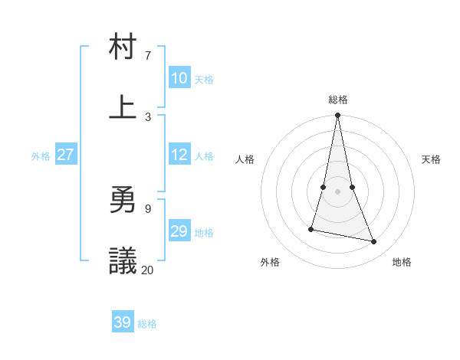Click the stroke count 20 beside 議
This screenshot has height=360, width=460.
pyautogui.click(x=148, y=269)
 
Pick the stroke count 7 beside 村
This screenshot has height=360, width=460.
pyautogui.click(x=148, y=56)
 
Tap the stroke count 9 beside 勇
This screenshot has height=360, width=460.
pyautogui.click(x=148, y=208)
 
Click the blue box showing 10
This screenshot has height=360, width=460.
pyautogui.click(x=179, y=78)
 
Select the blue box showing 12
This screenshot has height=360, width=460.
pyautogui.click(x=179, y=155)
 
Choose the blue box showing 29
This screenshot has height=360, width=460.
pyautogui.click(x=179, y=231)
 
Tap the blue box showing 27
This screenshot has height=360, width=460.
pyautogui.click(x=66, y=155)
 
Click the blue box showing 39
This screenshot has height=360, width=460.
pyautogui.click(x=123, y=322)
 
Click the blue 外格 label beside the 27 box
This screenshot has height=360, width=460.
pyautogui.click(x=41, y=156)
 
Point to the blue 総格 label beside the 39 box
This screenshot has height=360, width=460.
pyautogui.click(x=147, y=324)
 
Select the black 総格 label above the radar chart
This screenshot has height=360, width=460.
pyautogui.click(x=337, y=100)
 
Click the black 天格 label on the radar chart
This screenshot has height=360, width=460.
pyautogui.click(x=431, y=159)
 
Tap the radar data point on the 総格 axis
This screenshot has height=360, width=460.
pyautogui.click(x=337, y=116)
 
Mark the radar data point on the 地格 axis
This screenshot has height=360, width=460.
pyautogui.click(x=374, y=242)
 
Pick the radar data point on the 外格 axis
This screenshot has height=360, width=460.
pyautogui.click(x=311, y=228)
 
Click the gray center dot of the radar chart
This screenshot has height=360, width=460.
pyautogui.click(x=337, y=191)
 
